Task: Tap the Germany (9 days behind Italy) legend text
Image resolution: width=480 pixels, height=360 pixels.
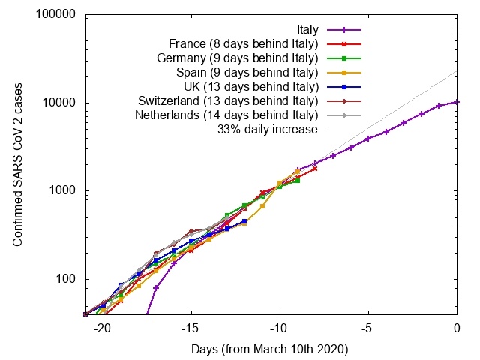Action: [238, 58]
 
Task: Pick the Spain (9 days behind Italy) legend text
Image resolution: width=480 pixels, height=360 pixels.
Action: [247, 73]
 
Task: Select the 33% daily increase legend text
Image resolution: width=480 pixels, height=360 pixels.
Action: [268, 130]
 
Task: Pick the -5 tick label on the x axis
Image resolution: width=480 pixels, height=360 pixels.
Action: [368, 328]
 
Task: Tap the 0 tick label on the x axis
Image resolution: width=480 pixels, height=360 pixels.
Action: [457, 328]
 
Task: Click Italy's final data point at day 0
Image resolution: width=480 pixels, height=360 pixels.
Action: [457, 102]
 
